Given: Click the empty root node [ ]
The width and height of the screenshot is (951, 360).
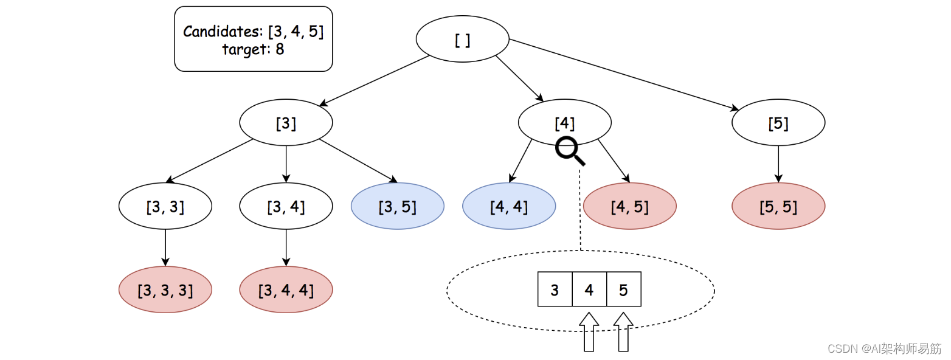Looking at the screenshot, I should point(462,39).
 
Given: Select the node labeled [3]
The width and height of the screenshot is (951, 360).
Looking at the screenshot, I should point(286,123).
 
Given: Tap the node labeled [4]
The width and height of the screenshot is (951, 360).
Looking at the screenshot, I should point(564,123).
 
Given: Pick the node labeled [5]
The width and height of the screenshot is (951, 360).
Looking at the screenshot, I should point(778,123).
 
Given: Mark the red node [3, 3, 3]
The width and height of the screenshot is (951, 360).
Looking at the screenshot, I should point(165,290).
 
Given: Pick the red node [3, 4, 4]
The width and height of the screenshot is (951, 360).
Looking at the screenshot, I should point(286,290).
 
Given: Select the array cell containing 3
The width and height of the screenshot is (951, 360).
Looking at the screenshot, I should point(555,289).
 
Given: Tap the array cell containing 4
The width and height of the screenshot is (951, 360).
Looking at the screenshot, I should point(589,289).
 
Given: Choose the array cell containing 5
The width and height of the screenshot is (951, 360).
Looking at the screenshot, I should point(624,289).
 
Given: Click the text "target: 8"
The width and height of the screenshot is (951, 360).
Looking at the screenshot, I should point(253,50).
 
